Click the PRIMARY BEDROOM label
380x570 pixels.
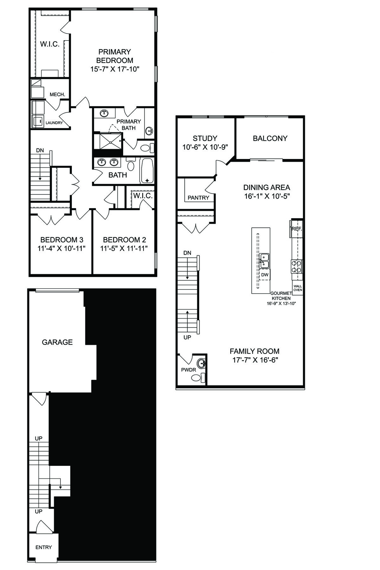(115, 56)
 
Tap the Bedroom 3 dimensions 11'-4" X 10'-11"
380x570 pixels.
(62, 248)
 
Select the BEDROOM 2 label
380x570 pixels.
(124, 240)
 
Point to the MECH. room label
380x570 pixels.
(57, 94)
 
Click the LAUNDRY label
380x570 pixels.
(54, 123)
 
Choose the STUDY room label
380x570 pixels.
(205, 138)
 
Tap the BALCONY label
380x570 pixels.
(270, 138)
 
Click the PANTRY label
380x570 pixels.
(199, 198)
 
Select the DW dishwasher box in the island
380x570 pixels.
(265, 275)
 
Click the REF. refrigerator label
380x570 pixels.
(297, 228)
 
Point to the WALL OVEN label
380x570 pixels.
(298, 288)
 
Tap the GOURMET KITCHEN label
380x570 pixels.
(281, 296)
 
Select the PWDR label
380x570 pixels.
(188, 370)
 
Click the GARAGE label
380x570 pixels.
(57, 342)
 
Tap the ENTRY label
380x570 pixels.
(43, 547)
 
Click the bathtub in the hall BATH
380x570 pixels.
(147, 171)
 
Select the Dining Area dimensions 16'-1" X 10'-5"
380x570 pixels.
(267, 196)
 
